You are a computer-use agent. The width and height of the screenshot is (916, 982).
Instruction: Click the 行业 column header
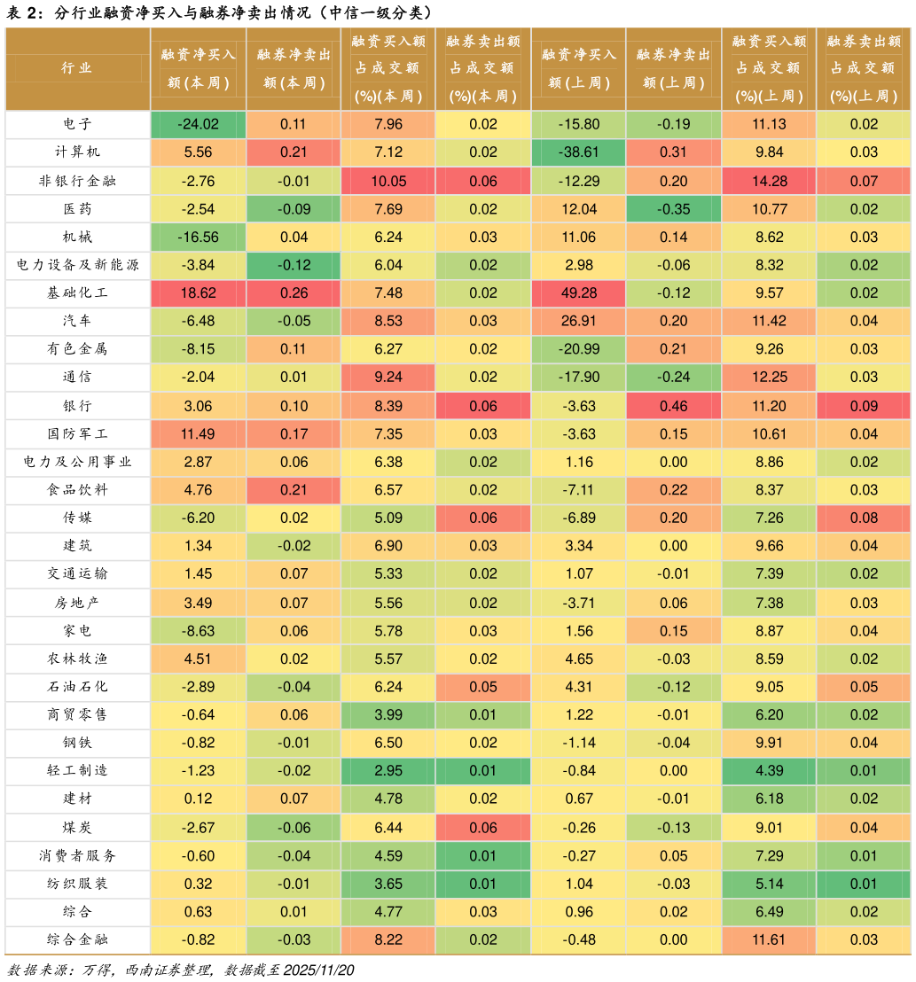click(x=77, y=68)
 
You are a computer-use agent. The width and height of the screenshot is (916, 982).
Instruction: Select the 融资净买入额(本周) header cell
click(x=198, y=68)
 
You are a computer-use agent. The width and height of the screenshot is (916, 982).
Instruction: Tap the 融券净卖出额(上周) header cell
click(x=673, y=68)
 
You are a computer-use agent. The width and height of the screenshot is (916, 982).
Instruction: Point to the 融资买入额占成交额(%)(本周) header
click(x=388, y=68)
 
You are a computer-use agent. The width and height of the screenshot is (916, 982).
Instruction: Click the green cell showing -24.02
click(x=198, y=124)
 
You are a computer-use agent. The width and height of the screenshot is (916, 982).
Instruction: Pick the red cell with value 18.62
click(x=198, y=293)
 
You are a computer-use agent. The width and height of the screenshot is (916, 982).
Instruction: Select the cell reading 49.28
click(x=578, y=293)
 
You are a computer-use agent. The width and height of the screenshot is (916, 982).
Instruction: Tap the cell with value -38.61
click(x=578, y=152)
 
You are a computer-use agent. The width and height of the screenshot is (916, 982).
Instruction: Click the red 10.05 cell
click(x=388, y=181)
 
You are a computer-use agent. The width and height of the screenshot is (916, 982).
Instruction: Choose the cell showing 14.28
click(x=769, y=181)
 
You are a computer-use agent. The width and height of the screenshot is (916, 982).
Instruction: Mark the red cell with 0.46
click(x=673, y=406)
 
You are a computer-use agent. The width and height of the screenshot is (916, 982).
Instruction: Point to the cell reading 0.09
click(x=864, y=406)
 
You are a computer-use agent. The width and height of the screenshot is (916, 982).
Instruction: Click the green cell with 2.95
click(x=388, y=771)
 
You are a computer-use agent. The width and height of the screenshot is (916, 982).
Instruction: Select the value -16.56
click(x=198, y=237)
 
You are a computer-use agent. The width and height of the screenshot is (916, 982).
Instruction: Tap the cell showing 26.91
click(x=578, y=321)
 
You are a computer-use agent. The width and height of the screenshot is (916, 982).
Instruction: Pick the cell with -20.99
click(x=578, y=349)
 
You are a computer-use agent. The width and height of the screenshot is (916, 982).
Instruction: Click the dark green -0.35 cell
click(x=673, y=209)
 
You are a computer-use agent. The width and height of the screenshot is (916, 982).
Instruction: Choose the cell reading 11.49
click(x=198, y=434)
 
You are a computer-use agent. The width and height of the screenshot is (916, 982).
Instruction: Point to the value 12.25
click(x=769, y=377)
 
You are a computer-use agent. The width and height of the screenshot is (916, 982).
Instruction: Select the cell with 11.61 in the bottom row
click(x=769, y=939)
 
